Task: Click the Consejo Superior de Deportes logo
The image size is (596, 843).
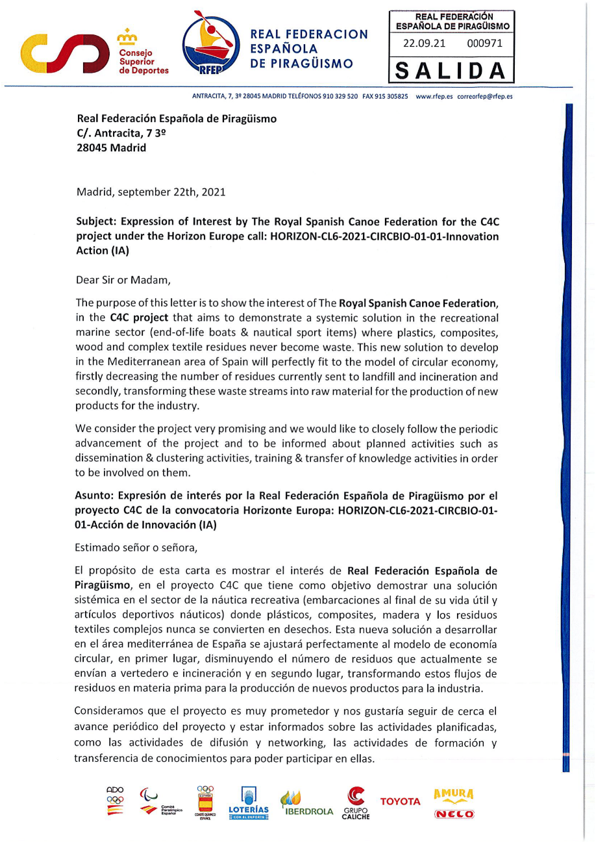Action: [94, 52]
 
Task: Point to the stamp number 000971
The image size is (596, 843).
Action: [484, 44]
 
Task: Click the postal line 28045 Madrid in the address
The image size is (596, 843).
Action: [112, 147]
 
